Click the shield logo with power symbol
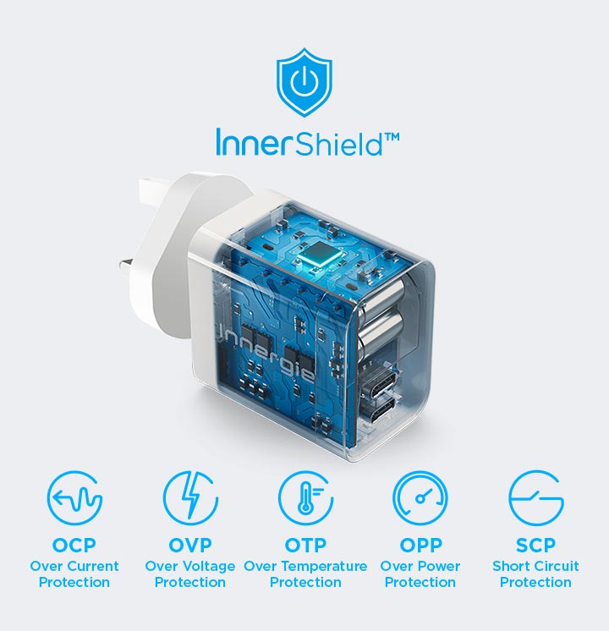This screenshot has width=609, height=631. [304, 83]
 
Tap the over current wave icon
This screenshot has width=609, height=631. [74, 498]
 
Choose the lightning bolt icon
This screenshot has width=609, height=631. [190, 498]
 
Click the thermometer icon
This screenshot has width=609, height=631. [305, 498]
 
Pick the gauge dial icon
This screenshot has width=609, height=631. [420, 498]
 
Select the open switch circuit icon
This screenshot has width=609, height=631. [535, 498]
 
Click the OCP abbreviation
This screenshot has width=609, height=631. [74, 546]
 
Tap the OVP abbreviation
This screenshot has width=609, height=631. [190, 546]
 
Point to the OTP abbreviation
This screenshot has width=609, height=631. [305, 546]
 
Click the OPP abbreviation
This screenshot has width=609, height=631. [420, 546]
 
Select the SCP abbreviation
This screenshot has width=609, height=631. [535, 546]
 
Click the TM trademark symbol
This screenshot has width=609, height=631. [392, 138]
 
